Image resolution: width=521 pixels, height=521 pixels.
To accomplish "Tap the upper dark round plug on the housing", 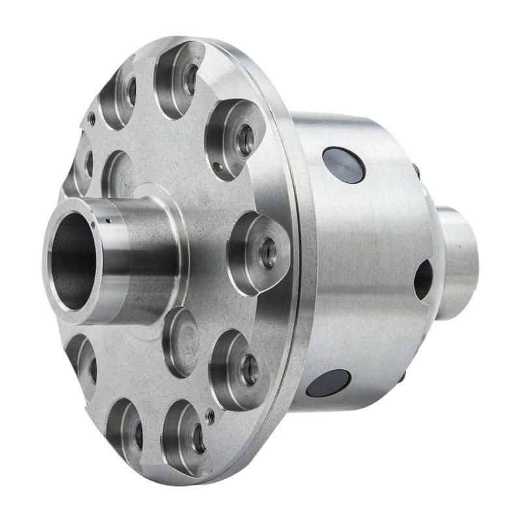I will coord(343,165).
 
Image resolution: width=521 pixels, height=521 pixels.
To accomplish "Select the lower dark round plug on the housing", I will coord(328,383).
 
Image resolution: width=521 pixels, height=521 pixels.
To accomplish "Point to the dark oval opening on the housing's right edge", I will coord(423,279).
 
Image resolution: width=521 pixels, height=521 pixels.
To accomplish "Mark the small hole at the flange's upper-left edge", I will coord(92,119).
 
